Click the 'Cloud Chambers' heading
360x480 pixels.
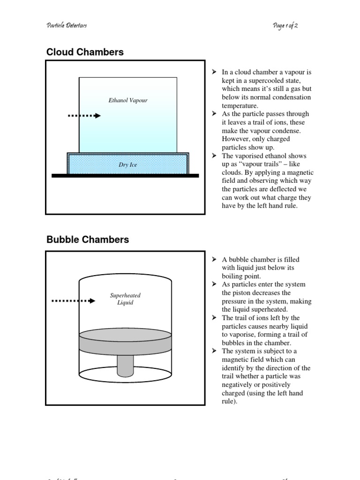point(85,52)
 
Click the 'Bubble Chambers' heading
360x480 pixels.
point(88,240)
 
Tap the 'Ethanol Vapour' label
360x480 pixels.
point(128,100)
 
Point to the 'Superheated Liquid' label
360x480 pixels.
point(125,299)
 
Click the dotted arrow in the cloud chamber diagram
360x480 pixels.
point(84,116)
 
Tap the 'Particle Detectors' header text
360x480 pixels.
point(67,25)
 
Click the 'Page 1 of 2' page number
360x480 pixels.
point(285,25)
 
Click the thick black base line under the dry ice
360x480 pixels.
point(125,176)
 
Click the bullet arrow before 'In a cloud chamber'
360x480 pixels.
point(214,72)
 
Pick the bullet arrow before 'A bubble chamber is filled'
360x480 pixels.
point(214,259)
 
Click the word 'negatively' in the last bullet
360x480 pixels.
point(239,384)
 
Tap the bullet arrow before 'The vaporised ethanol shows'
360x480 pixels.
point(214,156)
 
